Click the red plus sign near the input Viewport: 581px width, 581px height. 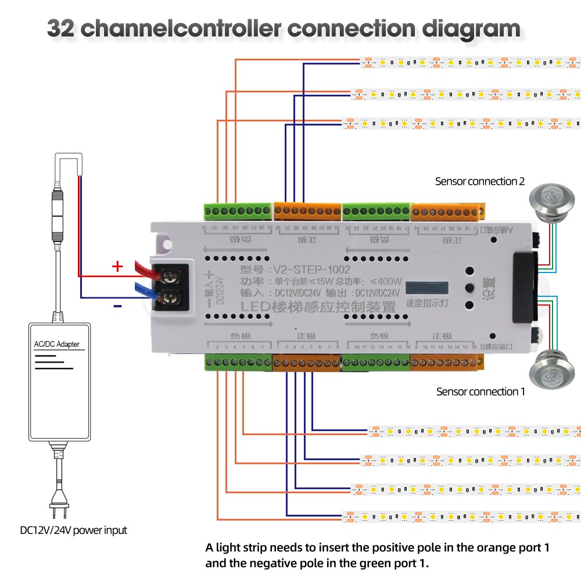pos(117,267)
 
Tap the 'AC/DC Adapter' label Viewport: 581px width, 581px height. pos(56,345)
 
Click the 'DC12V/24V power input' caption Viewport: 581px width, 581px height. pos(73,530)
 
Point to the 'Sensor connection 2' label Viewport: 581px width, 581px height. pos(480,181)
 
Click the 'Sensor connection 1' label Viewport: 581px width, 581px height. pos(480,392)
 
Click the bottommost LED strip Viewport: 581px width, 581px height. pos(462,516)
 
